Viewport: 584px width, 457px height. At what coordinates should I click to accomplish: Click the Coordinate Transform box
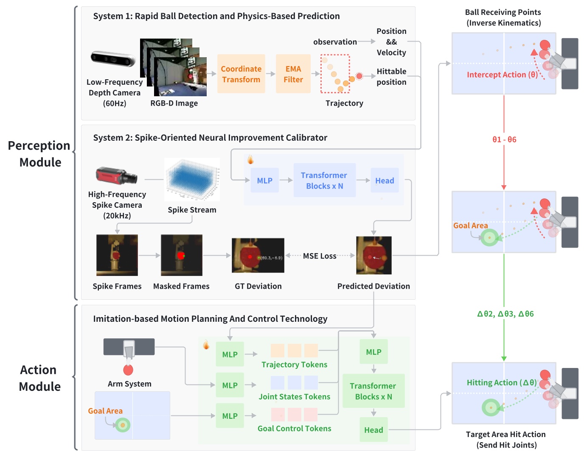tap(241, 74)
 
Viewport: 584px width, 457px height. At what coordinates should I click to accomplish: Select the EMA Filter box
tap(293, 74)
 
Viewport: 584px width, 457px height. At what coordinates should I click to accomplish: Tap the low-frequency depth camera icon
tap(112, 59)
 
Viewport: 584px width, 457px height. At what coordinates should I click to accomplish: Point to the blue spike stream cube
tap(192, 179)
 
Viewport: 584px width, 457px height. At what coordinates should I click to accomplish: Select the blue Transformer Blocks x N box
tap(324, 181)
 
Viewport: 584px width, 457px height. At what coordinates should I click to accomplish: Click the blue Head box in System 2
tap(385, 181)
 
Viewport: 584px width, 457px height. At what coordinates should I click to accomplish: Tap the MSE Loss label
tap(320, 256)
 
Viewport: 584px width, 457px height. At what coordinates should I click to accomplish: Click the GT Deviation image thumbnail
tap(258, 255)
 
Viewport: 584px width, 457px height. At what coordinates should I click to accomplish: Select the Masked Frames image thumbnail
tap(181, 255)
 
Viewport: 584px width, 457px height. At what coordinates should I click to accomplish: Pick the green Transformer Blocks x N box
tap(373, 391)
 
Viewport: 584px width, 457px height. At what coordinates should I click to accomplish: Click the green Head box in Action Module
tap(373, 430)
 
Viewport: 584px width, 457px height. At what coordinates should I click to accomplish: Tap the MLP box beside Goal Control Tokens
tap(230, 416)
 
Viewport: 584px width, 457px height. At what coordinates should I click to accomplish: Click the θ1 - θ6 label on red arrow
tap(504, 139)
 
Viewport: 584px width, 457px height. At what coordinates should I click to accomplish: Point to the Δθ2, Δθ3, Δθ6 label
tap(505, 314)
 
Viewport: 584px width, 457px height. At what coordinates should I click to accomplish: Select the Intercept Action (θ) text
tap(502, 75)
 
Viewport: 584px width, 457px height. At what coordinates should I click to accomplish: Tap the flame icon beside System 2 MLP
tap(250, 159)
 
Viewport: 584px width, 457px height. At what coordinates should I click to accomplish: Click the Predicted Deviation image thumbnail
tap(373, 255)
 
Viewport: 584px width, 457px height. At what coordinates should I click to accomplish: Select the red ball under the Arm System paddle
tap(128, 370)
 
